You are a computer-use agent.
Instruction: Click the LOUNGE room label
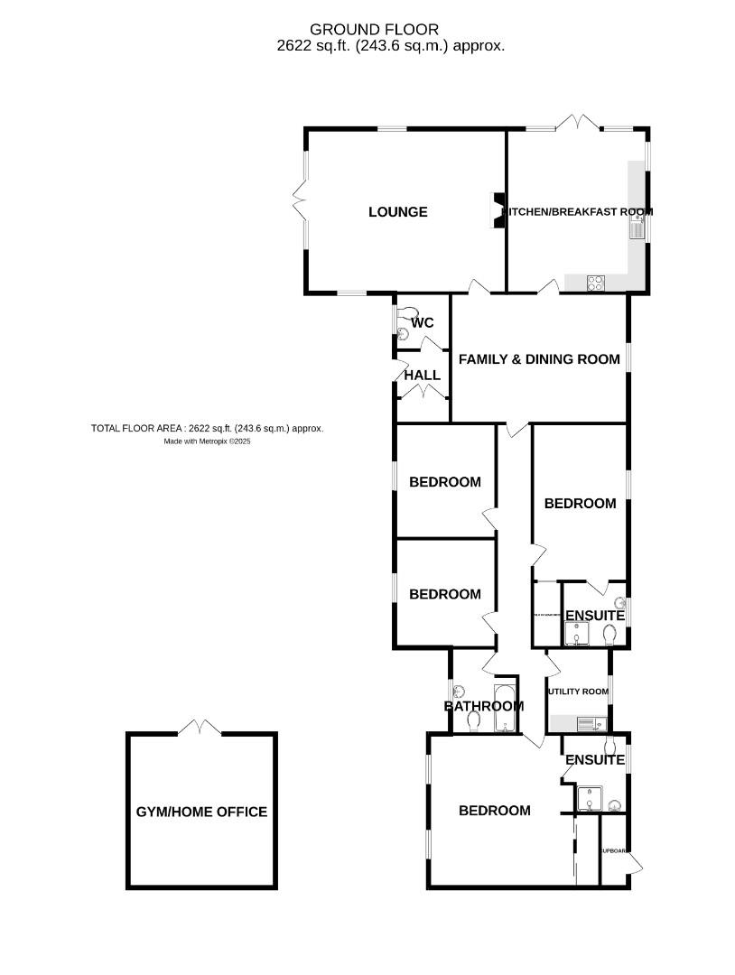(397, 212)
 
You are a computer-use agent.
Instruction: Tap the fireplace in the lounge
(497, 210)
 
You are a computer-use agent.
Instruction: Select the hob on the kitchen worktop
(597, 283)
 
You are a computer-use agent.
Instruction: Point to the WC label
(423, 322)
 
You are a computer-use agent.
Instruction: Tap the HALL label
(422, 376)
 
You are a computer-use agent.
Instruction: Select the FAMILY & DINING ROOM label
(539, 359)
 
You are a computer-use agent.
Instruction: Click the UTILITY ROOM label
(578, 692)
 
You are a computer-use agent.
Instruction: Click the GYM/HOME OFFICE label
(201, 812)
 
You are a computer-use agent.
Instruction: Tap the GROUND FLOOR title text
(374, 30)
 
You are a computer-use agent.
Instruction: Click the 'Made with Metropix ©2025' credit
(207, 442)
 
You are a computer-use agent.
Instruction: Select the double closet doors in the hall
(423, 391)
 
